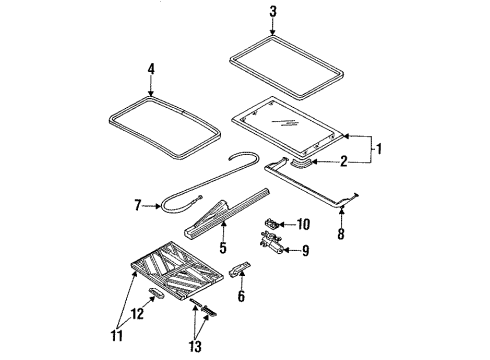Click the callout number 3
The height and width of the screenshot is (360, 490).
click(243, 11)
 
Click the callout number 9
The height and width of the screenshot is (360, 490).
click(305, 250)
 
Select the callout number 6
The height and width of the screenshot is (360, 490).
click(239, 297)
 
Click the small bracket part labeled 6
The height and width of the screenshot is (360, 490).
click(237, 271)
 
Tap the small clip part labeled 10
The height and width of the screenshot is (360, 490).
click(272, 223)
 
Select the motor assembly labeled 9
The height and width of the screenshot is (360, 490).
click(272, 243)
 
